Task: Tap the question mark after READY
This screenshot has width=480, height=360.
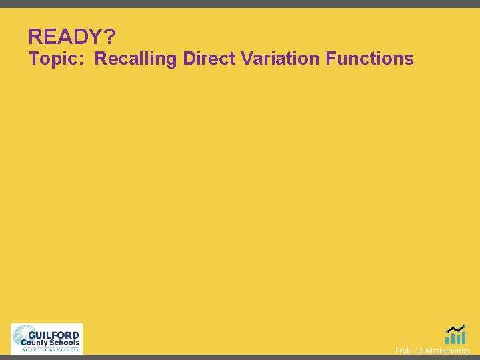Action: point(109,37)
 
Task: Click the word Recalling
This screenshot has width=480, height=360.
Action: point(136,59)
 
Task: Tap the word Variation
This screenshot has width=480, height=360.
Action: point(281,59)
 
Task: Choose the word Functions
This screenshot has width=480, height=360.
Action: point(370,59)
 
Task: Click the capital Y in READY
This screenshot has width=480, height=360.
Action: point(94,37)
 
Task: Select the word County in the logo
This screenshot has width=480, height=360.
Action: point(33,343)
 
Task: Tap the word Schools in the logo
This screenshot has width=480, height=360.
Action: point(63,343)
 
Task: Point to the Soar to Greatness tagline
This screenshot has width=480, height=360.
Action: point(51,349)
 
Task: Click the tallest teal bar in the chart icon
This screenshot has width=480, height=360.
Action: point(463,337)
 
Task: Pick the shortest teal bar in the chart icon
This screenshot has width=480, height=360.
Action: point(448,340)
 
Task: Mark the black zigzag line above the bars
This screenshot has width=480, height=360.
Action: point(456,329)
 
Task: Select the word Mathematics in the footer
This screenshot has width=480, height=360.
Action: point(448,351)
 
